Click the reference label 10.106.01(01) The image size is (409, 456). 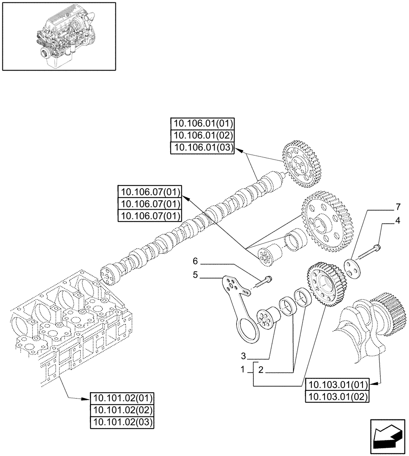pyautogui.click(x=202, y=124)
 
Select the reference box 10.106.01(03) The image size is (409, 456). pyautogui.click(x=202, y=148)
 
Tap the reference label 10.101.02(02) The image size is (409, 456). pyautogui.click(x=123, y=409)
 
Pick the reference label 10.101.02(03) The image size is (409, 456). pyautogui.click(x=123, y=421)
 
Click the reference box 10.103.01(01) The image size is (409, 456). pyautogui.click(x=337, y=384)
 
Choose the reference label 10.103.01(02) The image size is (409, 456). pyautogui.click(x=337, y=396)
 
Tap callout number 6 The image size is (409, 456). pyautogui.click(x=195, y=261)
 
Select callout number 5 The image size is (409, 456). pyautogui.click(x=195, y=275)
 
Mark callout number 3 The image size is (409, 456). pyautogui.click(x=244, y=355)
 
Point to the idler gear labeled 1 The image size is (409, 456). pyautogui.click(x=326, y=286)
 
